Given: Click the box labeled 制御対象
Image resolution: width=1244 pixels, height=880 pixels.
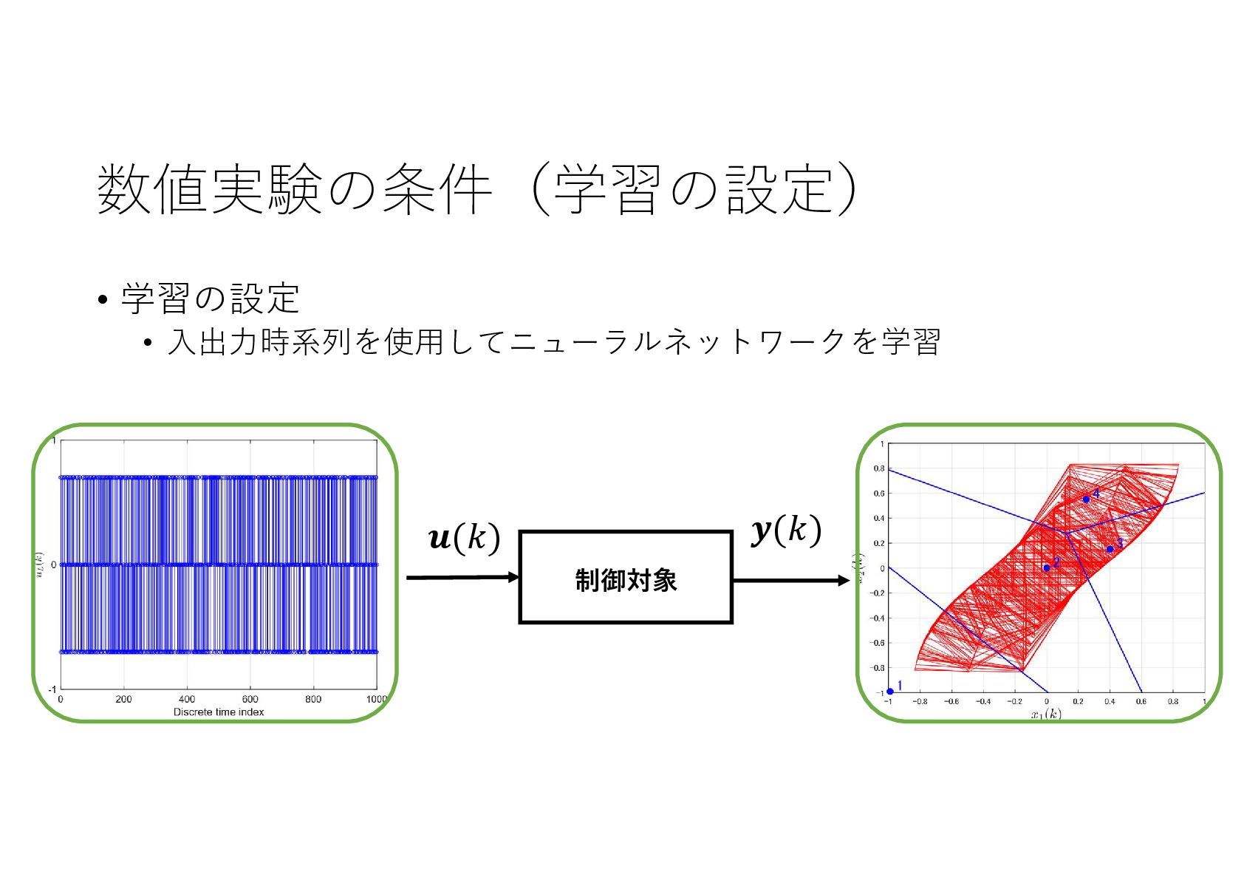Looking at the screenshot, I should (626, 577).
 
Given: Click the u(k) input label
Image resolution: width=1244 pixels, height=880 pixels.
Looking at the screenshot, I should (464, 537).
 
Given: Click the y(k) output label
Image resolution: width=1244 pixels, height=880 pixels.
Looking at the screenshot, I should (786, 531).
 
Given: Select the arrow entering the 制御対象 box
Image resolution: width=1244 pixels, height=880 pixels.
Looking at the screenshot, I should (462, 577).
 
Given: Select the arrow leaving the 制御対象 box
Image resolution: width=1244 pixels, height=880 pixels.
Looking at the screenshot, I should (790, 581).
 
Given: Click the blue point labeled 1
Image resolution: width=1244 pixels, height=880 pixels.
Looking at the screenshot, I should (890, 692).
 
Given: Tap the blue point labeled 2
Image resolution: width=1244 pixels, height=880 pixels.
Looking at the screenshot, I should (1047, 567).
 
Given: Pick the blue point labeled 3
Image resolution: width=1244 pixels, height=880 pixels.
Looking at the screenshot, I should (1110, 549).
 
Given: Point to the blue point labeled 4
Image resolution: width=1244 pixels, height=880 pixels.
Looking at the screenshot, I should (1086, 499).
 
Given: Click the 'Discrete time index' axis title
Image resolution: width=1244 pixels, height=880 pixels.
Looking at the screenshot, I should (219, 712).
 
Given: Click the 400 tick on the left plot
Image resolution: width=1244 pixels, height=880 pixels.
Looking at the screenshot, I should (187, 699).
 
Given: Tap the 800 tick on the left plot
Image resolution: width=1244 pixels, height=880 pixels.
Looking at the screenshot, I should (313, 699).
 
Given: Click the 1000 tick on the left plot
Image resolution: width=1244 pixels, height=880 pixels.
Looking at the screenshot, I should (376, 699).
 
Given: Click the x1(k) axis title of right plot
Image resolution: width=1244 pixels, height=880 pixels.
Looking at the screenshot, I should (1046, 714).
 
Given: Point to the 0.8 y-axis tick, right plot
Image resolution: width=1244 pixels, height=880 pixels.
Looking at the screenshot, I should (878, 468).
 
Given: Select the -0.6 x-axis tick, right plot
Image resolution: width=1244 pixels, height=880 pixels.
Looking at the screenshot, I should (951, 702).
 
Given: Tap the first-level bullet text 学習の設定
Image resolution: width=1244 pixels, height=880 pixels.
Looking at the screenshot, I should (211, 299).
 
